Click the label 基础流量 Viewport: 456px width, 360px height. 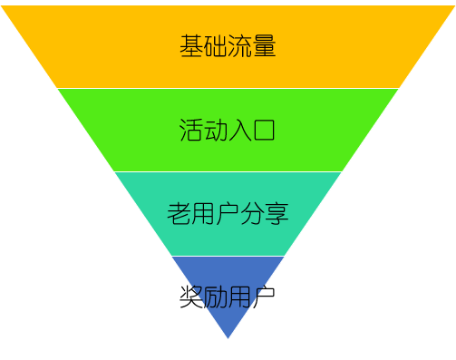pyautogui.click(x=228, y=45)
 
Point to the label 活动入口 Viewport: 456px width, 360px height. pyautogui.click(x=228, y=130)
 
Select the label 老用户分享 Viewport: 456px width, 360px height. pyautogui.click(x=228, y=214)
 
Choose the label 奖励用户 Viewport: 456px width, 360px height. pyautogui.click(x=228, y=297)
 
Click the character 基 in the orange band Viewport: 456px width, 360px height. pyautogui.click(x=191, y=45)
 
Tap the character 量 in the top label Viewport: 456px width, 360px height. pyautogui.click(x=264, y=45)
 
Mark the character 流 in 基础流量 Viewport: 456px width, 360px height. pyautogui.click(x=240, y=45)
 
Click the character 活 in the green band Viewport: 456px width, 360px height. pyautogui.click(x=191, y=130)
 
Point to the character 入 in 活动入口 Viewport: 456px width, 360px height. pyautogui.click(x=240, y=130)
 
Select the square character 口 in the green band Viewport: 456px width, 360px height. pyautogui.click(x=264, y=130)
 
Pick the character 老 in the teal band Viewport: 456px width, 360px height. pyautogui.click(x=179, y=214)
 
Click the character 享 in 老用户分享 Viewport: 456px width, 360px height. pyautogui.click(x=277, y=214)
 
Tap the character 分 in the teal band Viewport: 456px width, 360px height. pyautogui.click(x=252, y=214)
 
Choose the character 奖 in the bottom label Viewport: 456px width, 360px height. pyautogui.click(x=191, y=297)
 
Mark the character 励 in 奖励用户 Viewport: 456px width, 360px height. pyautogui.click(x=216, y=297)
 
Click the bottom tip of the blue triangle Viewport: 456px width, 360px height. pyautogui.click(x=228, y=336)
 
